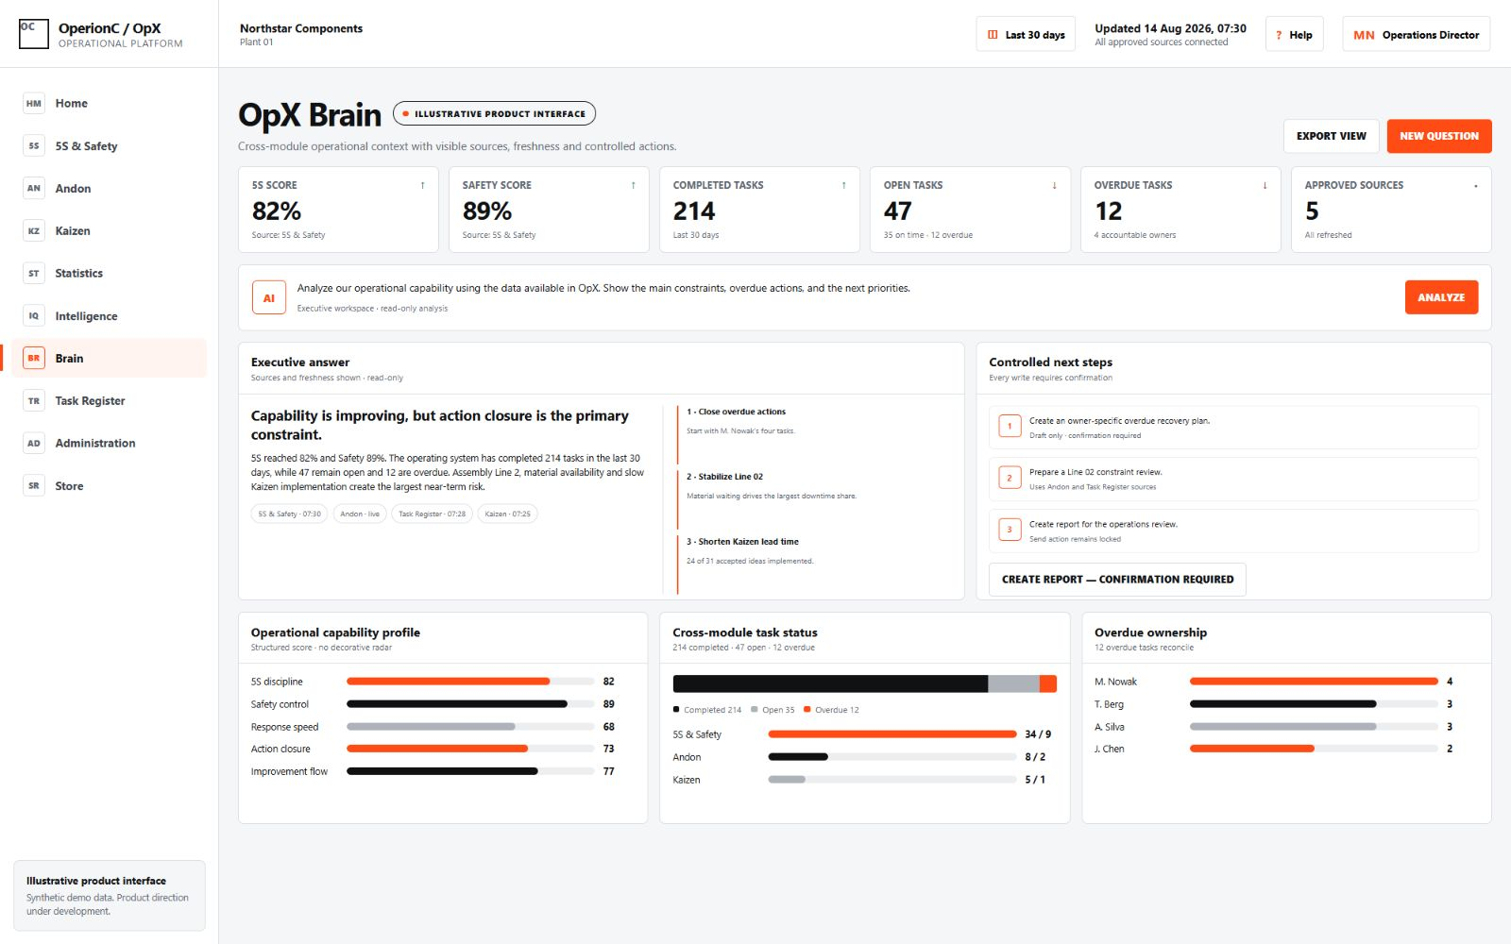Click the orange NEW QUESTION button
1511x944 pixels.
click(1439, 136)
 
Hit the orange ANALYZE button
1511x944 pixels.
click(1441, 297)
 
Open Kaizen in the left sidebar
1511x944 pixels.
click(72, 230)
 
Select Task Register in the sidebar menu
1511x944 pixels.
click(90, 400)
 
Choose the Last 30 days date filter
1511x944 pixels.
click(1026, 34)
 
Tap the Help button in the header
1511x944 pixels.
click(1294, 34)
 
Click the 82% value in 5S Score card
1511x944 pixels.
click(277, 211)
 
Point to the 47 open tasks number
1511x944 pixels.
click(897, 211)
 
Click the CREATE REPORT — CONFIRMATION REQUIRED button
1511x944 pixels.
click(1117, 580)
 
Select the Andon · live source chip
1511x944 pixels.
click(360, 514)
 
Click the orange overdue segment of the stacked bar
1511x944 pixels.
click(1047, 683)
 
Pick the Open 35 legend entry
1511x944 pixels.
click(772, 710)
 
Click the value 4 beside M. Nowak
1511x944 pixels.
click(1450, 682)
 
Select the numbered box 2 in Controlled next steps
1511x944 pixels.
click(1010, 478)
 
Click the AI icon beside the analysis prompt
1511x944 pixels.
click(268, 297)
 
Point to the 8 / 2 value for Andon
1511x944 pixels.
click(1035, 757)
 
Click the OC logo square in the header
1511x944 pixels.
click(34, 34)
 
